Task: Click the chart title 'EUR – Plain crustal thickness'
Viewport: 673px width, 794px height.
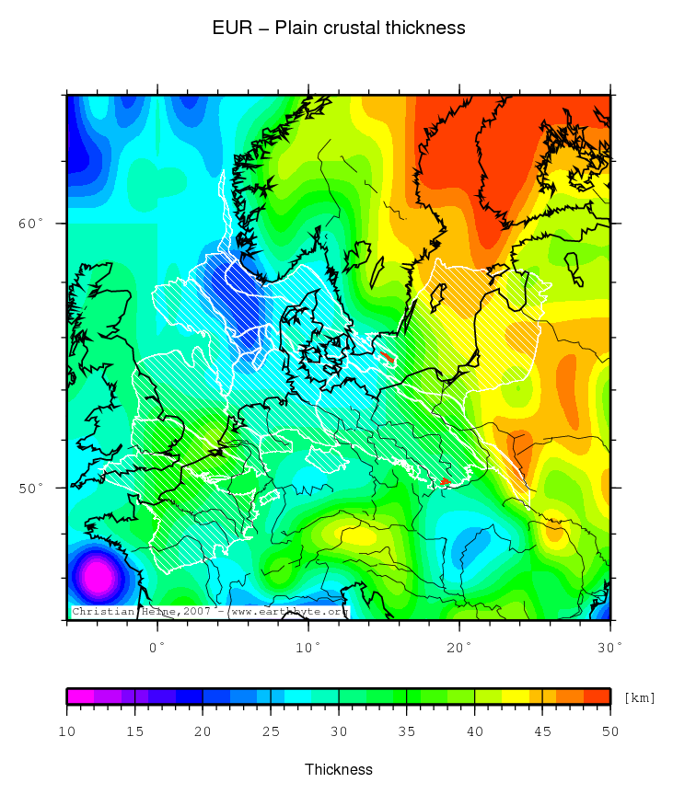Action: coord(339,29)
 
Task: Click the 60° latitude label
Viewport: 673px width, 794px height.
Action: coord(31,224)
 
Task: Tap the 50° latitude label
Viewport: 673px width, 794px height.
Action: coord(31,488)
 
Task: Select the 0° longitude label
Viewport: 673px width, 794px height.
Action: coord(157,647)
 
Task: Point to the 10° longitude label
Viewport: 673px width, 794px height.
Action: coord(308,647)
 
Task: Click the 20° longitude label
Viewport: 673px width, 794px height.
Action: coord(459,647)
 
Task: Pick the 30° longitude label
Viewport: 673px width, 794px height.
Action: coord(609,647)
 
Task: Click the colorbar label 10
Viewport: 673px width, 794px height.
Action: coord(66,731)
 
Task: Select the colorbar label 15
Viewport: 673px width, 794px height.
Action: coord(134,731)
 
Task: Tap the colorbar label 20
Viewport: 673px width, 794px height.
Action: coord(203,731)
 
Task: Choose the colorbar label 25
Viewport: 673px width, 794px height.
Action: coord(271,731)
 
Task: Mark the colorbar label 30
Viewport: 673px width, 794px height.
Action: coord(339,731)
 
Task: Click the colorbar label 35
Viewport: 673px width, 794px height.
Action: coord(407,731)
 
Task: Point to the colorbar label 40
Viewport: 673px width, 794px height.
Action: coord(474,731)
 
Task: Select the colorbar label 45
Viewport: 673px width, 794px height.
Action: coord(542,731)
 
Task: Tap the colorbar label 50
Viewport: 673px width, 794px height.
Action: coord(610,731)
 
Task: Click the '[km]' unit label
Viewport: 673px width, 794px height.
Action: coord(639,697)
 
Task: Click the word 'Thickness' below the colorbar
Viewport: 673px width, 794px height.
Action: coord(339,769)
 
